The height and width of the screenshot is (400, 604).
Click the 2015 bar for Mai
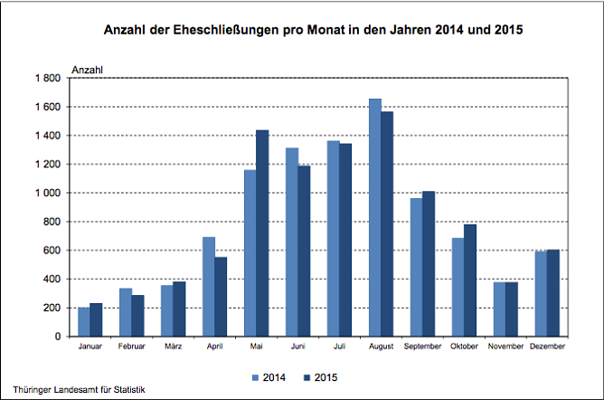coord(262,233)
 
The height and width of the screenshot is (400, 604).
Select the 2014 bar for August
coord(375,217)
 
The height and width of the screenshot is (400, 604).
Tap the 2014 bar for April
coord(209,286)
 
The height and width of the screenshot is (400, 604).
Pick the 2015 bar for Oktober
coord(470,280)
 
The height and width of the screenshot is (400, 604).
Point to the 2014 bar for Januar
coord(84,322)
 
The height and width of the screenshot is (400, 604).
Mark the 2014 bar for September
coord(417,267)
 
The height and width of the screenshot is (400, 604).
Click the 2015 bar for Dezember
coord(553,292)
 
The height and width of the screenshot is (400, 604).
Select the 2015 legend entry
coord(324,376)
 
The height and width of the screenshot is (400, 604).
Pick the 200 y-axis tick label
coord(51,308)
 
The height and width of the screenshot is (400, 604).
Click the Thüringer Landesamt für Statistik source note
coord(80,389)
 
